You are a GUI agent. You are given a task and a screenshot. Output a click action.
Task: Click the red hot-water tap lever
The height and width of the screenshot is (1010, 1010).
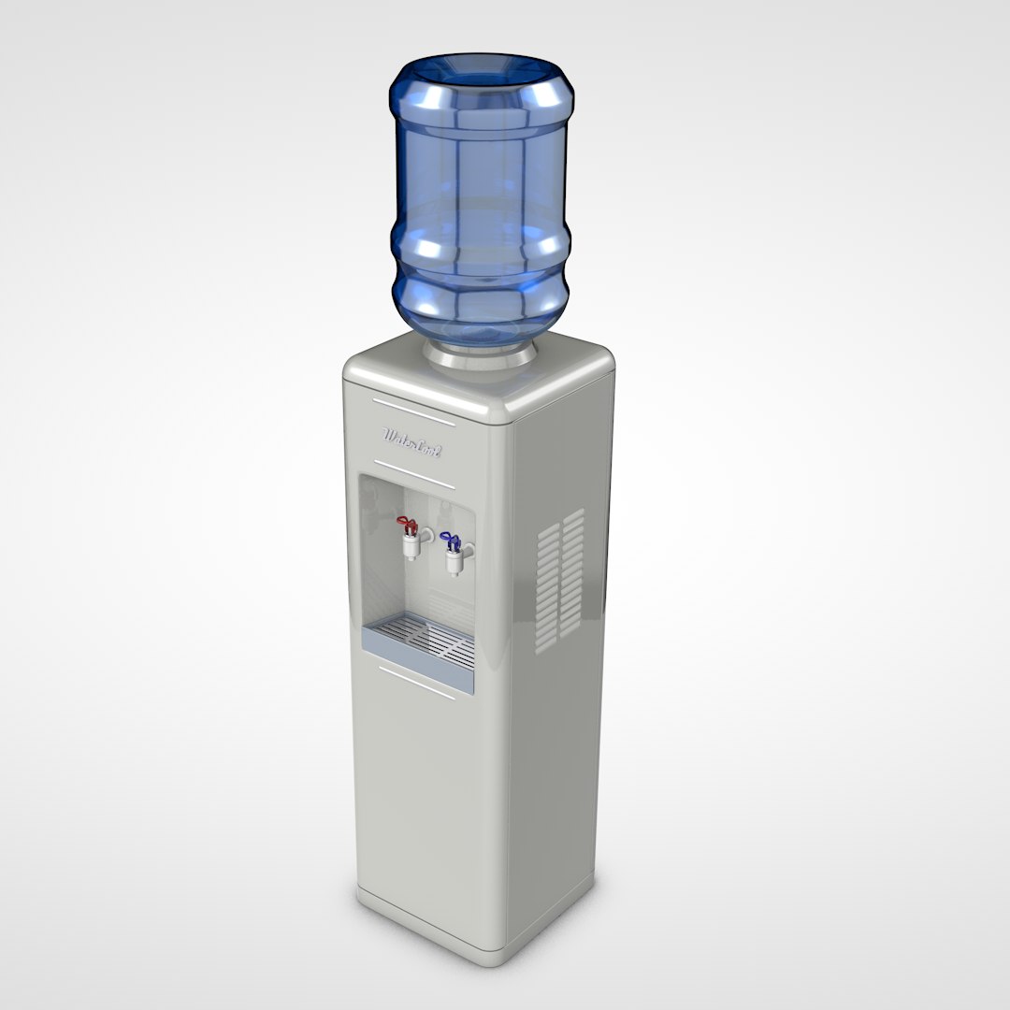[x=407, y=521]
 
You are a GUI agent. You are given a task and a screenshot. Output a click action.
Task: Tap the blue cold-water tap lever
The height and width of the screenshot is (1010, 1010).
[x=451, y=540]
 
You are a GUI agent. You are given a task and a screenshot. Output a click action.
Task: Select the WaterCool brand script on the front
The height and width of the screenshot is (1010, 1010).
[x=412, y=436]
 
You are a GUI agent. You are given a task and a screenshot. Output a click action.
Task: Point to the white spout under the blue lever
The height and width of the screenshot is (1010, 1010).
[x=454, y=564]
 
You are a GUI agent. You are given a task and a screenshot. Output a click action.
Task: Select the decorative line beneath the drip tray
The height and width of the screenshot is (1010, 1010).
[x=416, y=681]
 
